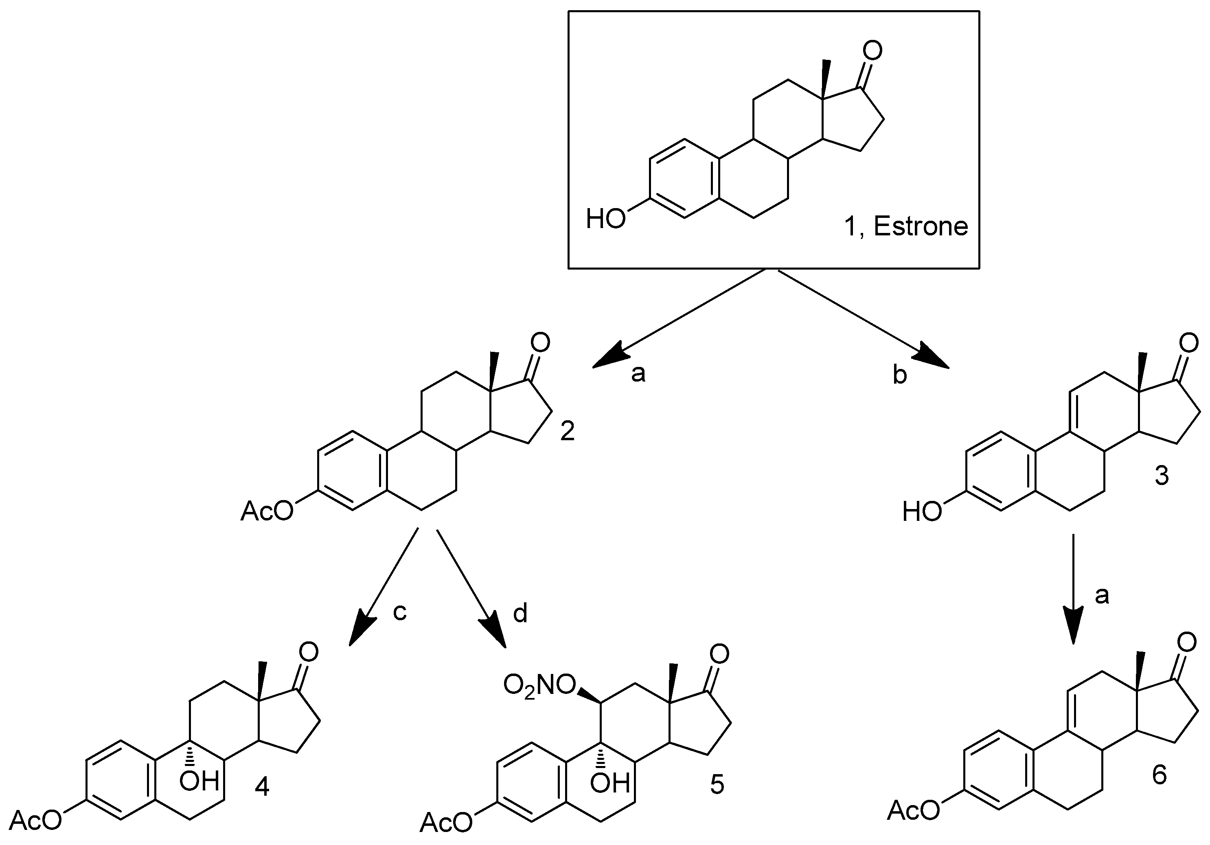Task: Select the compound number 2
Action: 567,432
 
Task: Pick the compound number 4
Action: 262,788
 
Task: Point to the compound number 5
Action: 717,785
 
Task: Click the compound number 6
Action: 1160,775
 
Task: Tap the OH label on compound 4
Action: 199,781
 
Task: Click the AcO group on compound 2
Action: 267,511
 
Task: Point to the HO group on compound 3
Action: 922,511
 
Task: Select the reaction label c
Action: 400,612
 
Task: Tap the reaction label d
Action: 520,614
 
